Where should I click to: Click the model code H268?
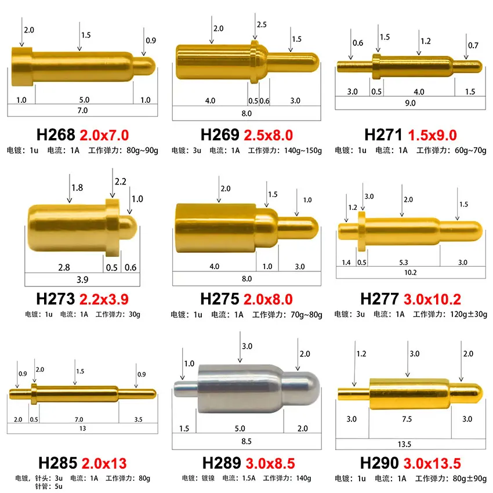(56, 135)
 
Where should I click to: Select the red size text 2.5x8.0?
(268, 135)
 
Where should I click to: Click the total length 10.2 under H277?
(409, 272)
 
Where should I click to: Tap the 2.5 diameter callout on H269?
(261, 25)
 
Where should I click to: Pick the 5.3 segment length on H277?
(404, 262)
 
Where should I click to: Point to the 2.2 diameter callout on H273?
(120, 182)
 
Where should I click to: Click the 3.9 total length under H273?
(82, 279)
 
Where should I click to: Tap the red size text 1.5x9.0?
(432, 135)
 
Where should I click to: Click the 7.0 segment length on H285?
(79, 419)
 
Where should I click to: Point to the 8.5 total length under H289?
(246, 441)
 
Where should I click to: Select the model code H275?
(219, 299)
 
